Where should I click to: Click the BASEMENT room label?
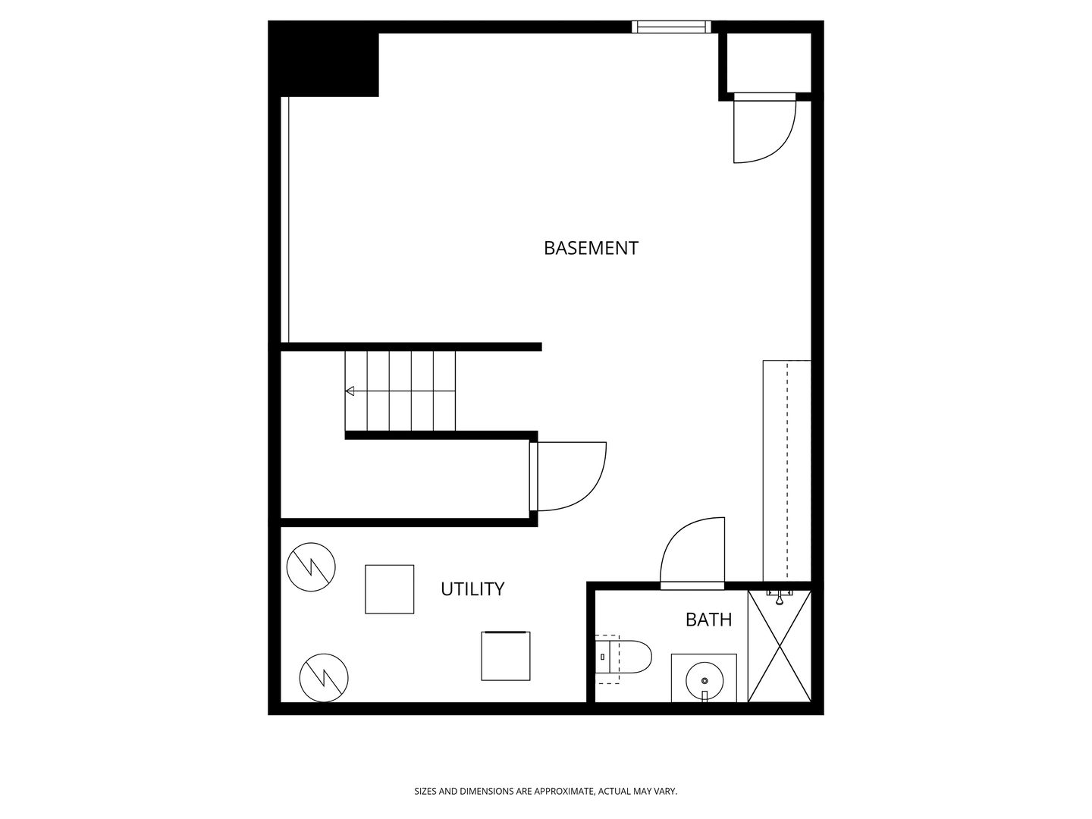[591, 248]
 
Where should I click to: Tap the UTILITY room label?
[472, 588]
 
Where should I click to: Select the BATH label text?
[708, 620]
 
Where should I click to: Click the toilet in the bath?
[623, 657]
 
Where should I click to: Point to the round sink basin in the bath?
[704, 680]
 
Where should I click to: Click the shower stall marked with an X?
[780, 646]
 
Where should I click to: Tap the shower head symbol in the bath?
[780, 598]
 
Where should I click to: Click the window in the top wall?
[671, 27]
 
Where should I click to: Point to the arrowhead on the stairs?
[350, 391]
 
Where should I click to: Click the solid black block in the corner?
[323, 58]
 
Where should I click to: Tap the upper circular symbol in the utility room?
[311, 567]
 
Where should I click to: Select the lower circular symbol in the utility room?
[324, 678]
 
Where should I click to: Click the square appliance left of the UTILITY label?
[390, 589]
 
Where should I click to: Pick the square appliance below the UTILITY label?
[506, 656]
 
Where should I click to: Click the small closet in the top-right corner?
[769, 63]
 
